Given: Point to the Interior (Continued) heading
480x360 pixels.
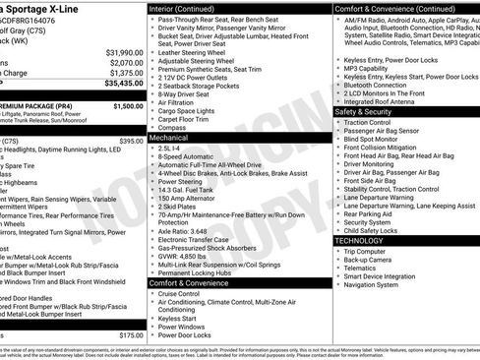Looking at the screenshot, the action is point(189,8).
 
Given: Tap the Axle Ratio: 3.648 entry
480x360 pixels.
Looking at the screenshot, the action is point(189,231).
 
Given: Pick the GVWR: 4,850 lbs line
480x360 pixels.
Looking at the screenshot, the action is point(187,257).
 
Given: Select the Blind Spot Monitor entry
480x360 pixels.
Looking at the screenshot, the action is point(379,140).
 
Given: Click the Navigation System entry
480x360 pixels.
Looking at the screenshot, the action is point(378,285).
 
